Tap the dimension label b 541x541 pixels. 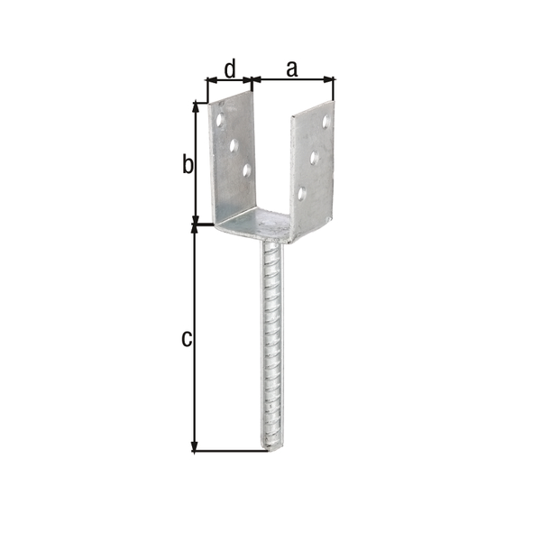188,164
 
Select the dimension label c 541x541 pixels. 187,339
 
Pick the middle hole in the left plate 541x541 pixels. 234,142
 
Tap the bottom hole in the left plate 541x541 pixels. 246,169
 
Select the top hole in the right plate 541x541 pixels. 326,121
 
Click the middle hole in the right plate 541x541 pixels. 314,157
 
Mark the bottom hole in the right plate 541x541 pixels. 302,192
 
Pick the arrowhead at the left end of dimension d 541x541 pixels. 209,79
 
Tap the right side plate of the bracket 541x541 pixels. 311,171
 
